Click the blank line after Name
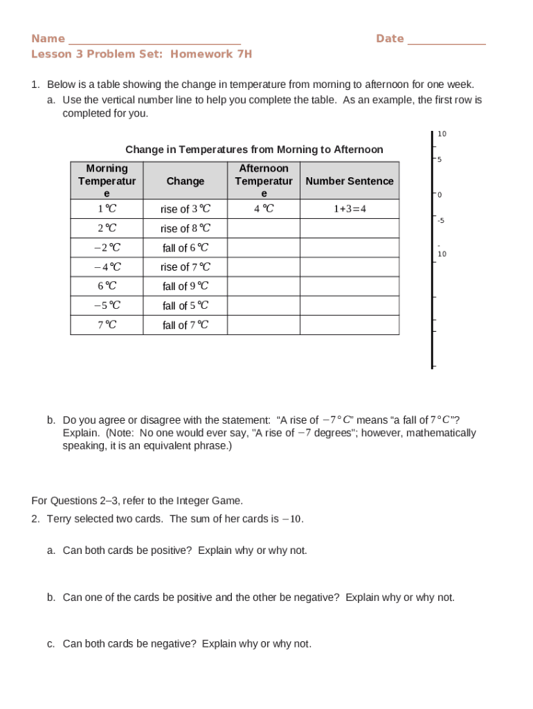coord(154,40)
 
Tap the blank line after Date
coord(446,40)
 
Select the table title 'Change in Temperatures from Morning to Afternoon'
coord(254,150)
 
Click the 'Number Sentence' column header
coord(349,181)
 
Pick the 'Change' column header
coord(185,181)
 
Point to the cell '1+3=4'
coord(349,209)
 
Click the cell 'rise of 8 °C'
coord(185,228)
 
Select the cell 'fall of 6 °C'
coord(185,248)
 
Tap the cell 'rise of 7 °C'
coord(185,267)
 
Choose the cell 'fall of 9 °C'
coord(185,286)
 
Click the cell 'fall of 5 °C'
coord(185,305)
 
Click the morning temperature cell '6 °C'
coord(107,286)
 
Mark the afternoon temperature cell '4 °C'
coord(263,209)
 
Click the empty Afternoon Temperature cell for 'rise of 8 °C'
coord(263,228)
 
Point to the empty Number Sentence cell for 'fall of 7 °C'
coord(349,325)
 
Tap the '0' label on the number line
coord(439,195)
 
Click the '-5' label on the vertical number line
coord(440,221)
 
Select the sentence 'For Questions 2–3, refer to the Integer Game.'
coord(137,501)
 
